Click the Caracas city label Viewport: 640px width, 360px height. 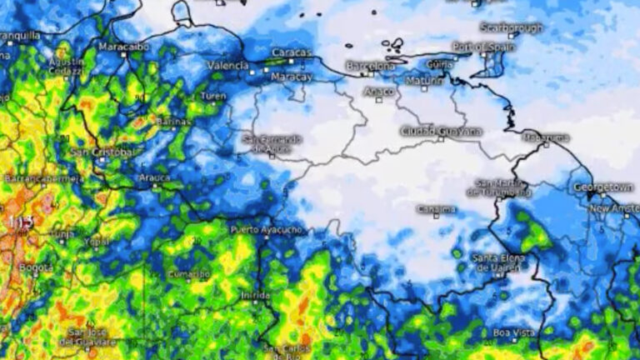(291, 52)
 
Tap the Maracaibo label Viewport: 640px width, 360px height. (123, 46)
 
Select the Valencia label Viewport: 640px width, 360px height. (227, 65)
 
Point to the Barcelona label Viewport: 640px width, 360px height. (371, 65)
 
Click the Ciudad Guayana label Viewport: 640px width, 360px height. (441, 131)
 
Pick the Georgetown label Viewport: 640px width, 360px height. (603, 187)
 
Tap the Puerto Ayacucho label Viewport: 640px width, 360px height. (266, 229)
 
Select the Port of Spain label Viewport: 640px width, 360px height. (484, 47)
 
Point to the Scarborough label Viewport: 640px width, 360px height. (512, 27)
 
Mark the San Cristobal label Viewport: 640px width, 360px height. (102, 152)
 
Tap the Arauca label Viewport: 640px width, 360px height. (155, 177)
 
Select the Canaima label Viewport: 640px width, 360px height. (436, 208)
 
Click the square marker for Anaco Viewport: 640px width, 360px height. (378, 100)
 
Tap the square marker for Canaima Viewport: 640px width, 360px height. (436, 217)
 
